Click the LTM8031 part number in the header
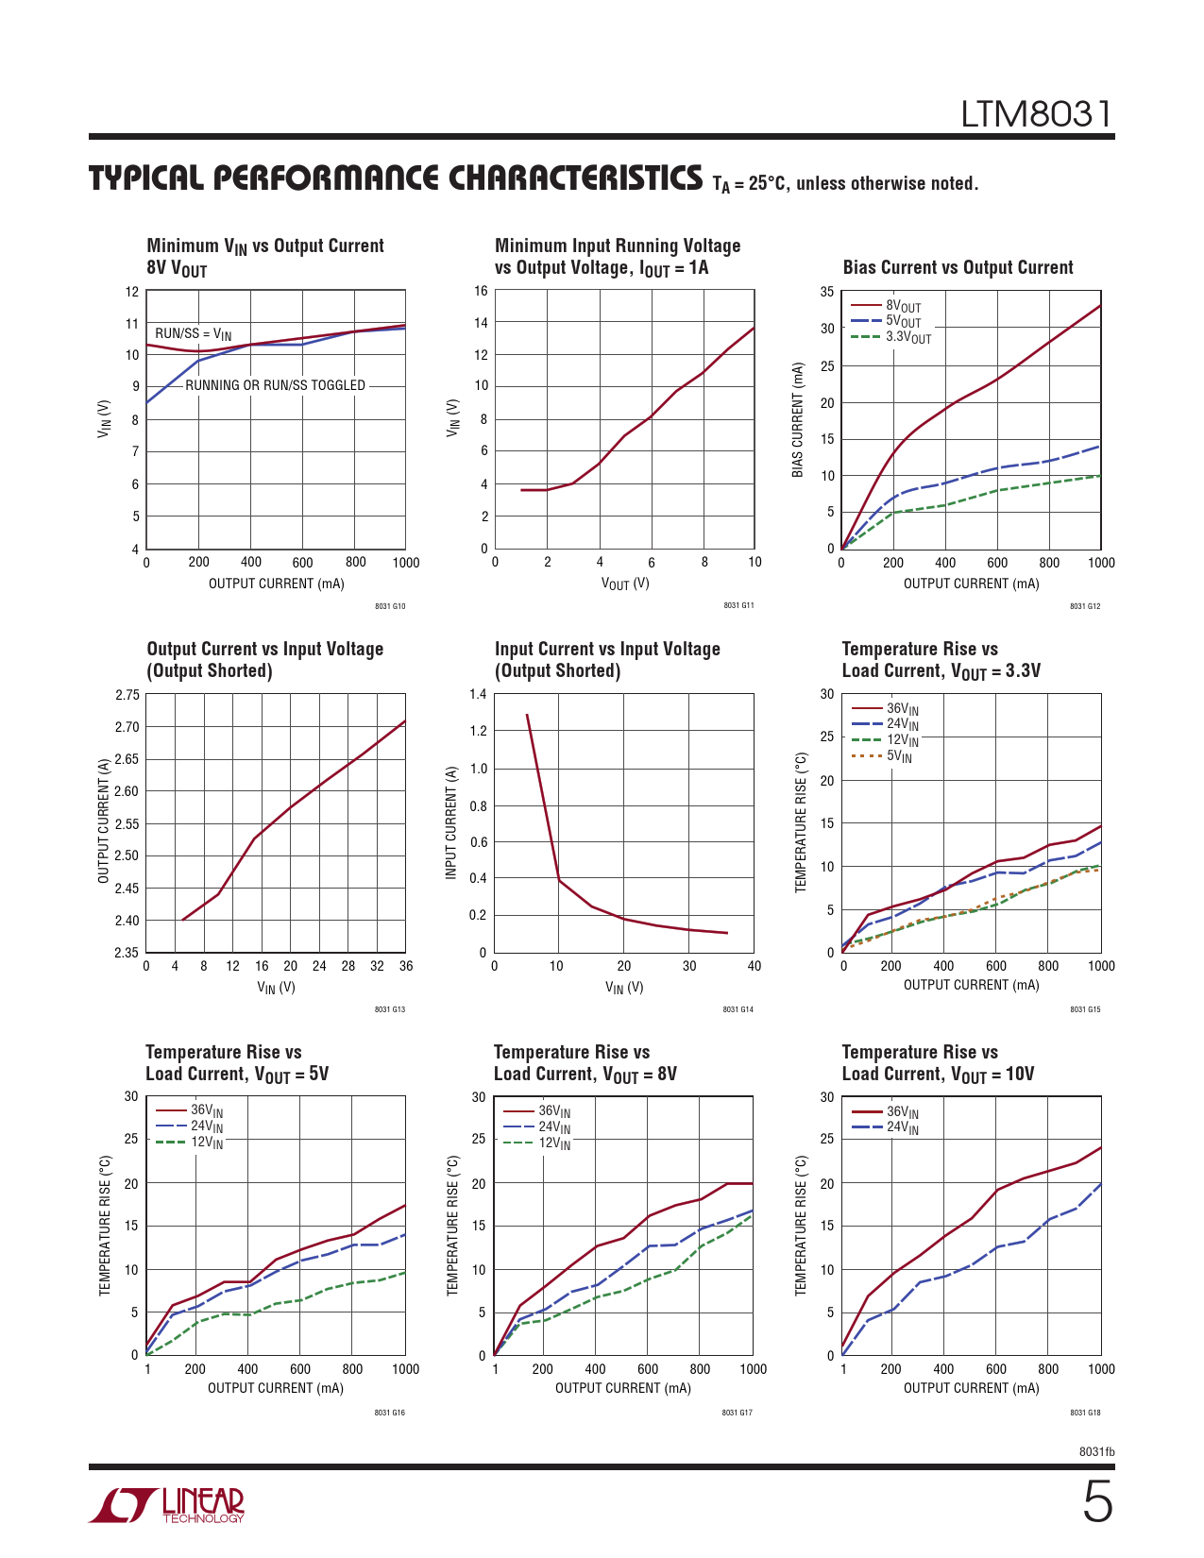tap(1036, 115)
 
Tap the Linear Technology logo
tap(167, 1505)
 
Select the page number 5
tap(1096, 1502)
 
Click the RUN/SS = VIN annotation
tap(193, 334)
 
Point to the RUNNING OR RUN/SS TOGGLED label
tap(275, 385)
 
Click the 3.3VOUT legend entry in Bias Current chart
tap(907, 337)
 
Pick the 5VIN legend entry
tap(898, 756)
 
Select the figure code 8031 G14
tap(738, 1009)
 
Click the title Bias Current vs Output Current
tap(958, 267)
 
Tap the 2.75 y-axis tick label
tap(127, 695)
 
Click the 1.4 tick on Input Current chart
tap(478, 695)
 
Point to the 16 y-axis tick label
tap(481, 291)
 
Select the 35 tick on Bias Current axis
tap(827, 292)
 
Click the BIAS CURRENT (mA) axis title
tap(798, 419)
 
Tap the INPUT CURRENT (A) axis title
tap(451, 823)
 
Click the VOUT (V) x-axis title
tap(625, 584)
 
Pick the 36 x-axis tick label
tap(406, 966)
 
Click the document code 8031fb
tap(1096, 1451)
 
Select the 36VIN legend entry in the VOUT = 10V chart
tap(902, 1112)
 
